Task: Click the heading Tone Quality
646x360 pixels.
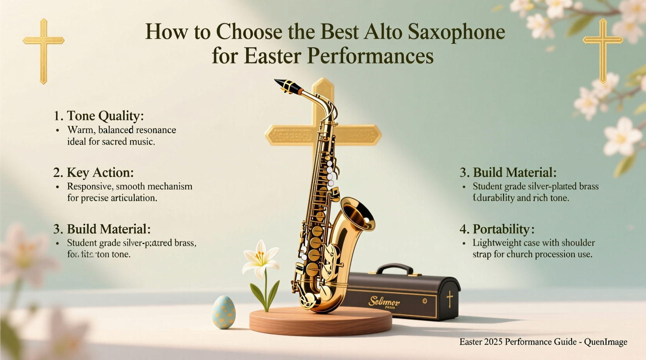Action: point(105,116)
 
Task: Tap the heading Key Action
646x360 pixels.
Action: point(100,173)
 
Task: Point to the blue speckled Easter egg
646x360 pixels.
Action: point(224,312)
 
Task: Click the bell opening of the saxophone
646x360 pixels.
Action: point(359,213)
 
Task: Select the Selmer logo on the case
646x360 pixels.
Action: point(384,301)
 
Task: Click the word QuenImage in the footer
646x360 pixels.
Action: point(606,342)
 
